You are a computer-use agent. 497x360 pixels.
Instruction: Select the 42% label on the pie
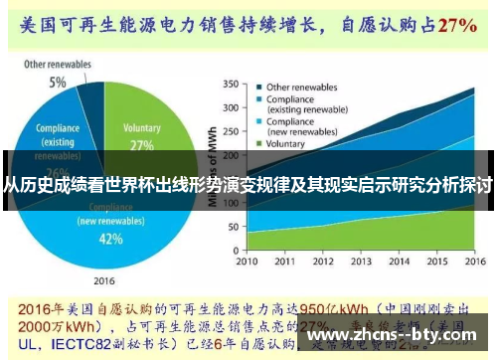pyautogui.click(x=110, y=238)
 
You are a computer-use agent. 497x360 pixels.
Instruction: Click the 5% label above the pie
pyautogui.click(x=59, y=82)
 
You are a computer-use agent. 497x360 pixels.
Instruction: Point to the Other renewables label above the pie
pyautogui.click(x=57, y=65)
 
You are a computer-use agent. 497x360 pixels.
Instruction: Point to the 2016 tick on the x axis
pyautogui.click(x=471, y=261)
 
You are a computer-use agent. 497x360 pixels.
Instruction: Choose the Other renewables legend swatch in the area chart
pyautogui.click(x=257, y=87)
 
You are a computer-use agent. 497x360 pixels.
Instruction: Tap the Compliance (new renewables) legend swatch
pyautogui.click(x=257, y=121)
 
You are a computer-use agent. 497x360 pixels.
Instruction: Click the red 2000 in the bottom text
pyautogui.click(x=32, y=323)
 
